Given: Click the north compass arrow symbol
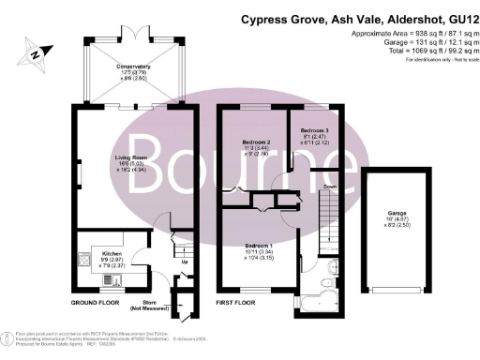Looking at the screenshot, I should point(35,54).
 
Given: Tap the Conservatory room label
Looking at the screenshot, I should point(133,67).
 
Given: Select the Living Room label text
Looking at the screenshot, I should point(133,158).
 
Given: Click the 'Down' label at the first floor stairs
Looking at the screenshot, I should point(329,187).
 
